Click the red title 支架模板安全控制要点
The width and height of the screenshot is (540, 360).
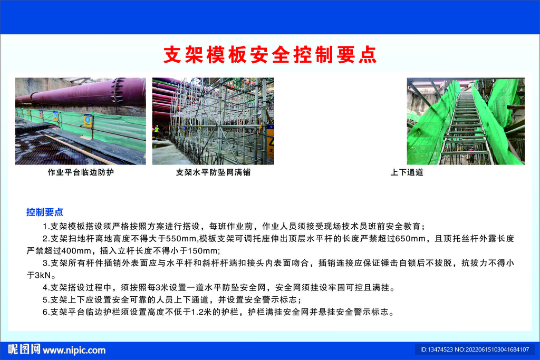click(x=270, y=55)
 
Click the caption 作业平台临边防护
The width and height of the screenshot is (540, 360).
click(x=81, y=172)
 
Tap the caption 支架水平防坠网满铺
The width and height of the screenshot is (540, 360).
click(x=213, y=172)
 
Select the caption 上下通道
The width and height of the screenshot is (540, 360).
click(x=407, y=172)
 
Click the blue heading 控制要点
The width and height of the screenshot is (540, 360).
click(x=45, y=212)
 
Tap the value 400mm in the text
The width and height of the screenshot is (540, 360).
click(x=76, y=250)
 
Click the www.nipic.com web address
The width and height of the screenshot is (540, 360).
click(x=74, y=351)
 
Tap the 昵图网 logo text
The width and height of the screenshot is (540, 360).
click(x=24, y=349)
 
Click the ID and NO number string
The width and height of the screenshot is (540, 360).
click(x=475, y=349)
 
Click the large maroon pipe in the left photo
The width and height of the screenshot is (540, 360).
click(x=83, y=92)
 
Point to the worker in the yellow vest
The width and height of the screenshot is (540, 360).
click(x=157, y=131)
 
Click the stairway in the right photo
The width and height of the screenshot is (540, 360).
click(x=465, y=128)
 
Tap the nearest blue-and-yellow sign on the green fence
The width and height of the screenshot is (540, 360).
click(x=89, y=121)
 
